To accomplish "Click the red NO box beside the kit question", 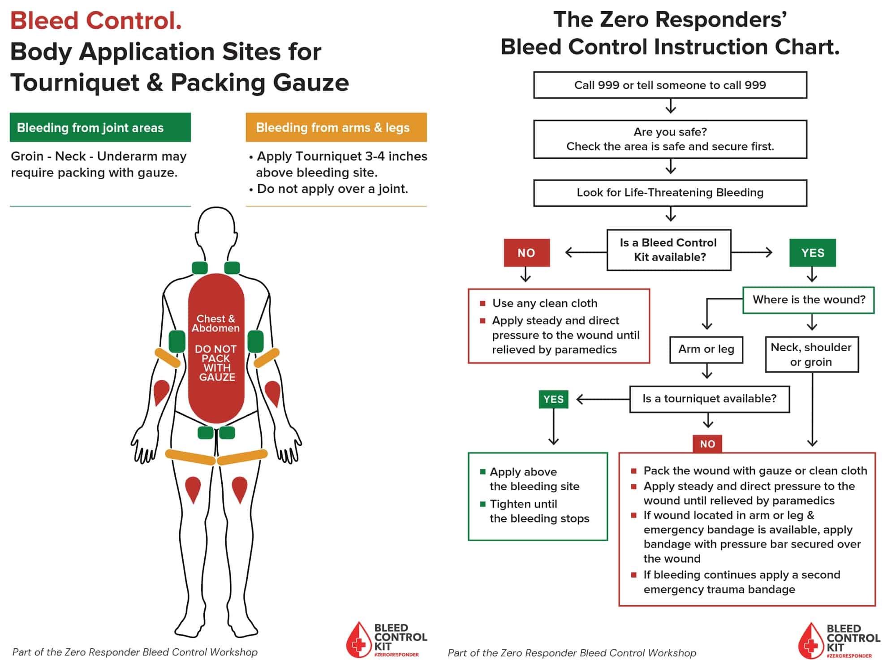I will coord(526,253).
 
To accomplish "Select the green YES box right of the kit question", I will coord(812,253).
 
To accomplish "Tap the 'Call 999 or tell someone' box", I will coord(670,85).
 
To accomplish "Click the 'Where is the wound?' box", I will coord(808,300).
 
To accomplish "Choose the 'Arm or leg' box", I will coord(706,349).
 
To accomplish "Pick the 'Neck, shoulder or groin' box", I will coord(811,354).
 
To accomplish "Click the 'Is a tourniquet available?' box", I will coord(709,399).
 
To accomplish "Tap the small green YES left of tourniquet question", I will coord(553,399).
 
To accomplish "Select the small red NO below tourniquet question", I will coord(707,444).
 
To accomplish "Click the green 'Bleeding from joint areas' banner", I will coord(100,128).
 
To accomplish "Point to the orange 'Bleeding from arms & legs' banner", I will coord(336,128).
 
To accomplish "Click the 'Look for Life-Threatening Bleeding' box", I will coord(670,193).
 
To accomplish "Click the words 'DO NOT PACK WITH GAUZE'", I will coord(216,363).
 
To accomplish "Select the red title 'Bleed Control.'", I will coord(96,21).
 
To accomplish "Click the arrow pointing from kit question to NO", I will coord(585,253).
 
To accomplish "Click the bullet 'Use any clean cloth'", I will coord(544,303).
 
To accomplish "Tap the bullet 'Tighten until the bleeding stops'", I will coord(539,511).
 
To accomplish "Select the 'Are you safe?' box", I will coord(670,139).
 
